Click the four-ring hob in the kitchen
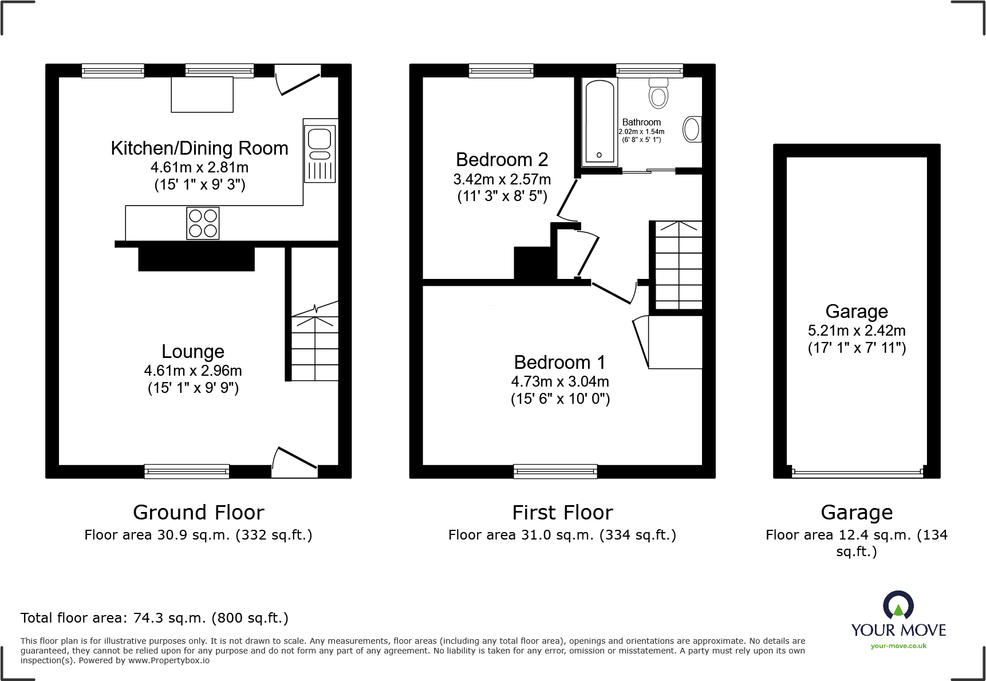pos(203,223)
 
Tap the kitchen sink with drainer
pos(320,153)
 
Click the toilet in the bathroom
pos(658,93)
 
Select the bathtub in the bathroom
pos(600,121)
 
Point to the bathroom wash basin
pos(692,129)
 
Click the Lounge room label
pos(193,351)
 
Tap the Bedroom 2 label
pos(502,159)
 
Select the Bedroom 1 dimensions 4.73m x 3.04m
pos(560,381)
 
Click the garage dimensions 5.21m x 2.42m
pos(857,330)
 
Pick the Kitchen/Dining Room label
pos(199,148)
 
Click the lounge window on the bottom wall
pos(187,471)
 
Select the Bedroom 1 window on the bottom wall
pos(555,471)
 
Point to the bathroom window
pos(649,70)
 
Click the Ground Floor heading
pos(198,512)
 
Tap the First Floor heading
pos(562,512)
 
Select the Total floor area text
pos(155,618)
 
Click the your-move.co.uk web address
pos(898,646)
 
